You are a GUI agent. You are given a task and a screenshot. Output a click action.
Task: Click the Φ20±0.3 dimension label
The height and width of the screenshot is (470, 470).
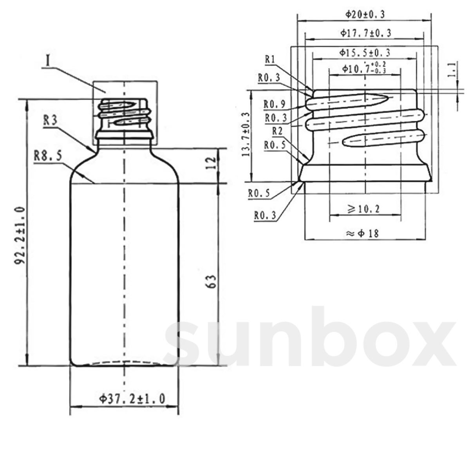pos(365,14)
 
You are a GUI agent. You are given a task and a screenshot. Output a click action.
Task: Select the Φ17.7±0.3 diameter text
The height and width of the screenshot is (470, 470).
pos(365,33)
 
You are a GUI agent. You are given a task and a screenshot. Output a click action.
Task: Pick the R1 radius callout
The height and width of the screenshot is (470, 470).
pos(270,59)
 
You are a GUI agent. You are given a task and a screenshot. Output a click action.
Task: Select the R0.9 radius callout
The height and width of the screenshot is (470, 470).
pos(275,105)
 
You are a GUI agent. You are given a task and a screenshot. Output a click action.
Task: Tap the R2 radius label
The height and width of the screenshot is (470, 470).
pos(277,131)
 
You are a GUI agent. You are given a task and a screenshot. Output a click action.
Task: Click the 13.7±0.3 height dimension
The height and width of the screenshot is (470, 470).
pos(246,135)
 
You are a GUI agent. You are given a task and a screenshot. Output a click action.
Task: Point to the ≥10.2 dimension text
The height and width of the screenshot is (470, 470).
pos(364,209)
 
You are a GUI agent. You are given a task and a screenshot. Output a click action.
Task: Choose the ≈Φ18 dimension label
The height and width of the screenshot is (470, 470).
pos(363,233)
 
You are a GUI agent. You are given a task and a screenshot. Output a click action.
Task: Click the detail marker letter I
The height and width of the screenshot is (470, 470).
pos(48,62)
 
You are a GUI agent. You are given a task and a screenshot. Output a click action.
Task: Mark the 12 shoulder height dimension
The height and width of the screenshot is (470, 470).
pos(210,163)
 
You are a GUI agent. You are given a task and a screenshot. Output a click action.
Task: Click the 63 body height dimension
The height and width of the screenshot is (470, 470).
pos(211,281)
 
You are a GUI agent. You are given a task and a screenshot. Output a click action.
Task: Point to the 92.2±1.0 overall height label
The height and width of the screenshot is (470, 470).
pos(20,236)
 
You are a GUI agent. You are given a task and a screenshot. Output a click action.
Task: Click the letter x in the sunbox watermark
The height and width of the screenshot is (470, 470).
pos(430,342)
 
